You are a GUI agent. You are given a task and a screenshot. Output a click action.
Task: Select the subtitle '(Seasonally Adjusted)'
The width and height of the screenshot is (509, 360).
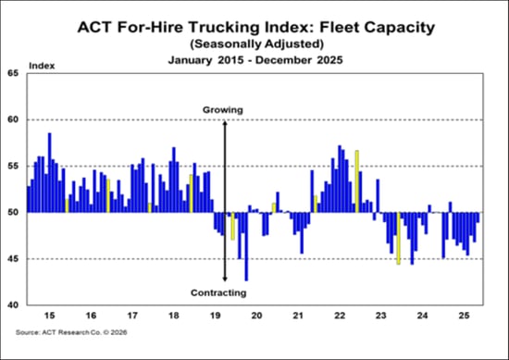coord(254,43)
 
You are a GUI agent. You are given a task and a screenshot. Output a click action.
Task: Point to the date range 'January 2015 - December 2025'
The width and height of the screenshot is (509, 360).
coord(254,59)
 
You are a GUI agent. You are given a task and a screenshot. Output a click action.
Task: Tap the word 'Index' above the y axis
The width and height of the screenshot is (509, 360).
coord(42,66)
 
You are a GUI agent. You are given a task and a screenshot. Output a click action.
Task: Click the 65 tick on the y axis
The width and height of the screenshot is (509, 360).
coord(13,73)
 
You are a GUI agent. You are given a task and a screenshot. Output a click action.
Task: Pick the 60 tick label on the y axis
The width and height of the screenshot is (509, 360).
coord(13,119)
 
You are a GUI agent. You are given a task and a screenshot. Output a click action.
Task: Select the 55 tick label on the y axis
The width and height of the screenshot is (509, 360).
coord(13,166)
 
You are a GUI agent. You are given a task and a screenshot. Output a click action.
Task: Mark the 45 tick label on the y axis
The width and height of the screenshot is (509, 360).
coord(13,258)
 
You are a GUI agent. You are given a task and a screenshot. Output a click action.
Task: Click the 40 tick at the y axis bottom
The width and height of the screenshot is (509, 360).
coord(13,304)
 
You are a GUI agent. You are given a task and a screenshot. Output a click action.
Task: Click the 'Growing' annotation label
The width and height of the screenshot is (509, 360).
coord(223,110)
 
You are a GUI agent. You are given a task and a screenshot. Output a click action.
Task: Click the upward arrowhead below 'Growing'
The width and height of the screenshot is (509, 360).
coord(225,123)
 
